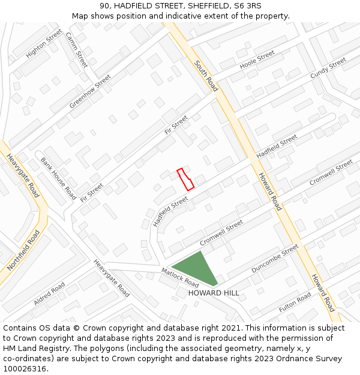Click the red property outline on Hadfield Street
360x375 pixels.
(x=185, y=179)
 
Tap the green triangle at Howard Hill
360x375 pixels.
(x=197, y=269)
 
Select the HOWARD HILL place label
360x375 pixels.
(x=214, y=293)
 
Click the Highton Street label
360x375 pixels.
(x=44, y=44)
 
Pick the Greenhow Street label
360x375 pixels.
(x=90, y=91)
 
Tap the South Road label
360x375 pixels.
(x=206, y=76)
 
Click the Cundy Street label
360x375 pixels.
(x=328, y=68)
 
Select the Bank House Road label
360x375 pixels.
(x=58, y=178)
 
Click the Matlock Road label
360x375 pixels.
(x=180, y=277)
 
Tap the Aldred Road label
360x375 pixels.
(x=49, y=293)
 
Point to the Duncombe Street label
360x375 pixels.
(x=274, y=259)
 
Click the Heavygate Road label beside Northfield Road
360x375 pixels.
(x=23, y=175)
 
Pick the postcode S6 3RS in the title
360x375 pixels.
(x=248, y=6)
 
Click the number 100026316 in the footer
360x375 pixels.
(x=25, y=368)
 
